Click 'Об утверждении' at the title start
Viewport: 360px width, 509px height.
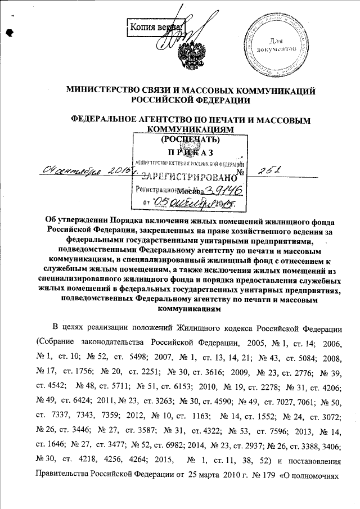(x=76, y=220)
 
